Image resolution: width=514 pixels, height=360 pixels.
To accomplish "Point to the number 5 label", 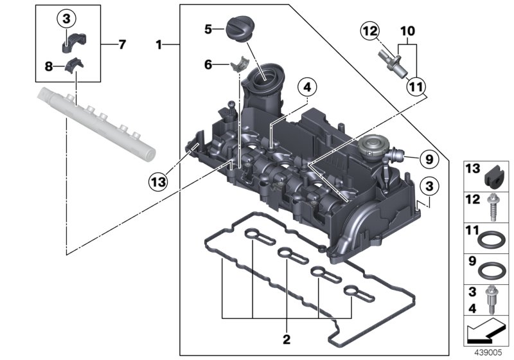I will (x=208, y=29).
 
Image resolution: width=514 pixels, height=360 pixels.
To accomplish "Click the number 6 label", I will (x=208, y=64).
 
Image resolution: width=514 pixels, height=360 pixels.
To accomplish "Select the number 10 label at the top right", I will (x=408, y=30).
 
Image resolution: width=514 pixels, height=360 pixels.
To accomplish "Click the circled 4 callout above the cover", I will (x=308, y=88).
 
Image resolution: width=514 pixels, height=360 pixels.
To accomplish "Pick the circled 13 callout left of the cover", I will (x=158, y=181).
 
